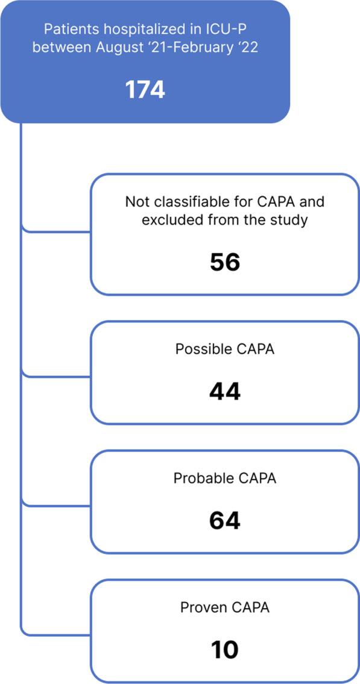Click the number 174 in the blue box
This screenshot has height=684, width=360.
(145, 90)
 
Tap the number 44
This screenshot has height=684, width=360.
(225, 392)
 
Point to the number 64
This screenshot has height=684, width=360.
(225, 521)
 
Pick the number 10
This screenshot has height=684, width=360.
(225, 650)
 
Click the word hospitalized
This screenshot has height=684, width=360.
(127, 30)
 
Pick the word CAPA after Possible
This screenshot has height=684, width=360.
(253, 349)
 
